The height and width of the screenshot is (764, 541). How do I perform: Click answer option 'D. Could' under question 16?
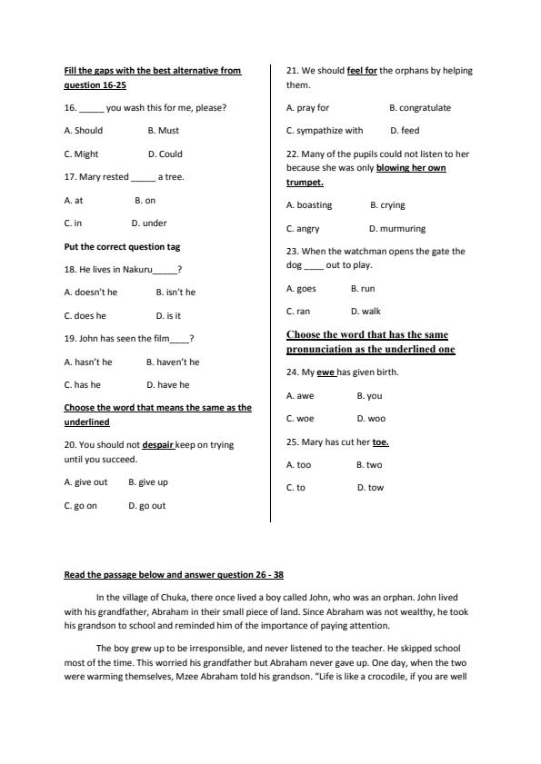coord(165,154)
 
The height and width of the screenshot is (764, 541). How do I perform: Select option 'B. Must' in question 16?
coord(163,131)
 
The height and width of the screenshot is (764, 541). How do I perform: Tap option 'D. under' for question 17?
coord(149,223)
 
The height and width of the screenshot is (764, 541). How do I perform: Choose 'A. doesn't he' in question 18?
coord(91,293)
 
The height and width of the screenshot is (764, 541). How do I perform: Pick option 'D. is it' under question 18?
coord(168,316)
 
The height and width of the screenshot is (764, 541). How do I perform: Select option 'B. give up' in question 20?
coord(148,482)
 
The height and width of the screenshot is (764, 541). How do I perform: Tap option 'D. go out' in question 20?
coord(147,506)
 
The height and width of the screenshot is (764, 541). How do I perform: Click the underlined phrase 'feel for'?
coord(362,71)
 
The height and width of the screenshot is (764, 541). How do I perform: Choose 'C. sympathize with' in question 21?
coord(325,131)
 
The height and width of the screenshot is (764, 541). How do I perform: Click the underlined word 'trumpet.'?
coord(305,183)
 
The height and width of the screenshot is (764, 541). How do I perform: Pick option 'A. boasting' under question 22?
coord(309,205)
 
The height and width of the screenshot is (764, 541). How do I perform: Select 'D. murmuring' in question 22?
coord(397,229)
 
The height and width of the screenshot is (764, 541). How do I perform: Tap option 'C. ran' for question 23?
coord(297,312)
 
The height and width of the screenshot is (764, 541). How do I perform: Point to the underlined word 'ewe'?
coord(326,372)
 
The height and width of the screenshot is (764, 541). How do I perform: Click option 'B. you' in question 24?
coord(369,396)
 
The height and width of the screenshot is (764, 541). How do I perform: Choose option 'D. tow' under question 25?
coord(370,488)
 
